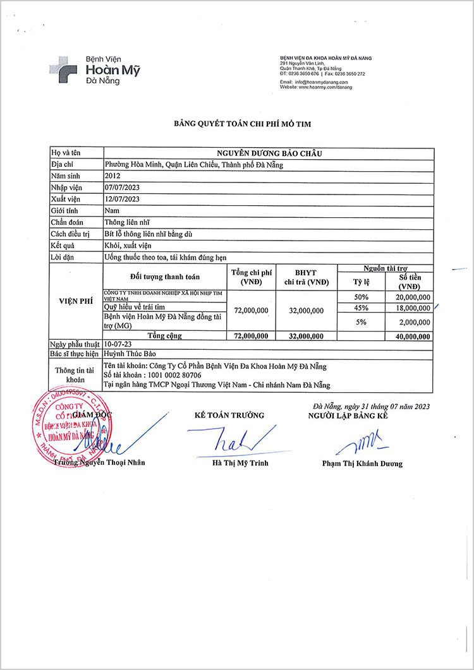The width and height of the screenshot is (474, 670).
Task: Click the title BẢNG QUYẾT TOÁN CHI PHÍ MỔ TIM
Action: (x=243, y=124)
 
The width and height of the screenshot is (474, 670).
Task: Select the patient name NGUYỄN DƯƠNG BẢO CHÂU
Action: (x=269, y=153)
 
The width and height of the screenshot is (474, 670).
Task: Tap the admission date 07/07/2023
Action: (x=121, y=188)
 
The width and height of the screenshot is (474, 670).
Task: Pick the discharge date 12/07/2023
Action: (x=121, y=199)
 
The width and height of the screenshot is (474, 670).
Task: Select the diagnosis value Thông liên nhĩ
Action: (x=127, y=222)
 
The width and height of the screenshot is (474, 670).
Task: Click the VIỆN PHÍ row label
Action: (x=76, y=301)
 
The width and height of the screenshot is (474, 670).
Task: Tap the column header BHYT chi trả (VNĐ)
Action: (x=307, y=277)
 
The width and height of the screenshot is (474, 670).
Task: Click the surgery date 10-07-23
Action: (x=118, y=344)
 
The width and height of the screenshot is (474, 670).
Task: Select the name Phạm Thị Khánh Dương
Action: (x=362, y=464)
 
